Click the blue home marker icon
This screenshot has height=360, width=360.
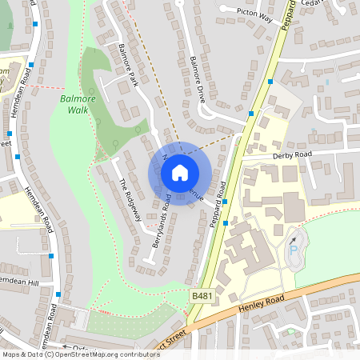coord(180,172)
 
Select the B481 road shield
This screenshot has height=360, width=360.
coord(202,296)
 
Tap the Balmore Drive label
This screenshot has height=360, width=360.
coord(204,78)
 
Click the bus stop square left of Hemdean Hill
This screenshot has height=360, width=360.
coord(50,256)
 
